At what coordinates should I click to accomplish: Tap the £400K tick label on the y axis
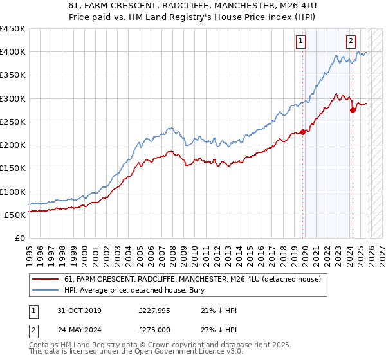pyautogui.click(x=12, y=52)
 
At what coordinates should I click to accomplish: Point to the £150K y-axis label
pyautogui.click(x=12, y=168)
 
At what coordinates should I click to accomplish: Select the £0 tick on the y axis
pyautogui.click(x=19, y=238)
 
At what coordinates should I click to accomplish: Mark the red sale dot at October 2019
pyautogui.click(x=302, y=132)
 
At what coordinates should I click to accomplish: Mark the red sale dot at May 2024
pyautogui.click(x=353, y=110)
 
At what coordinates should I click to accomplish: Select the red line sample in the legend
pyautogui.click(x=46, y=278)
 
